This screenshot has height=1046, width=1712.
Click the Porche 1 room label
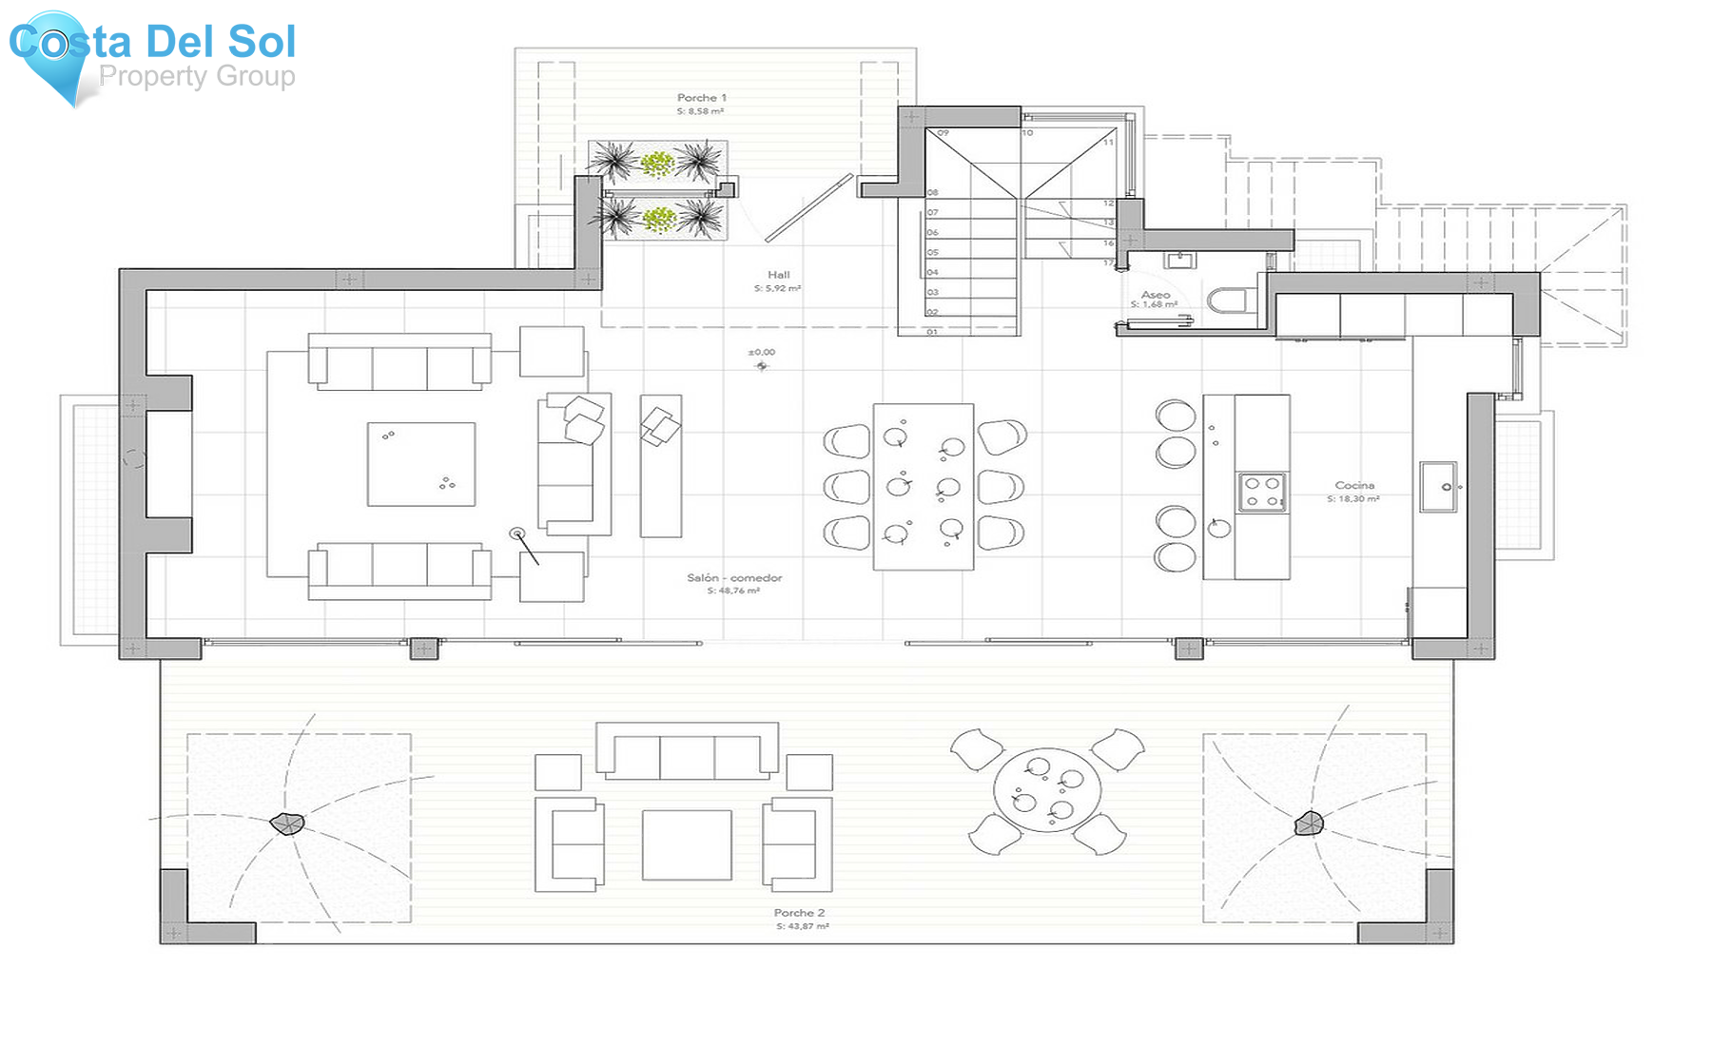701,98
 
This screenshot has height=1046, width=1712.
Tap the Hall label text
779,275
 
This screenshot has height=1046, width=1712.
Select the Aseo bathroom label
1156,295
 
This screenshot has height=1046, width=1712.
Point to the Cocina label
1354,485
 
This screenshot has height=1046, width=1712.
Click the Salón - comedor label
734,578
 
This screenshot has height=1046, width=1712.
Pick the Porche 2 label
799,913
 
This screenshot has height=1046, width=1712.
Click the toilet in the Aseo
1227,301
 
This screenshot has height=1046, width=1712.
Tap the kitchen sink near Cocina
1439,487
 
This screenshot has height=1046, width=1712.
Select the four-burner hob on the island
1262,493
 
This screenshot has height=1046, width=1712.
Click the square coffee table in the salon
421,464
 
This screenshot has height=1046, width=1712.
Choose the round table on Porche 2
1047,791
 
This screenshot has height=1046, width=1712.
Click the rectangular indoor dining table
924,487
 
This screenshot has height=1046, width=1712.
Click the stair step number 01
932,332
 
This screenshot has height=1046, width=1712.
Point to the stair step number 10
1027,133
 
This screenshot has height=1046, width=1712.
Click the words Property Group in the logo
197,76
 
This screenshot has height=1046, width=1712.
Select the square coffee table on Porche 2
687,844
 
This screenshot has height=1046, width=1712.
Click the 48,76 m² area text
733,591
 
